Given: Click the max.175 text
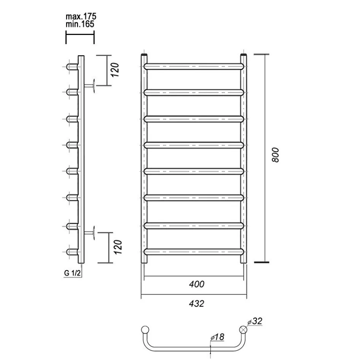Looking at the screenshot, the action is click(x=81, y=16).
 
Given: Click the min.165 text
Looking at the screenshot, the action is click(x=80, y=24).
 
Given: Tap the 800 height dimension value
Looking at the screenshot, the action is click(x=276, y=155).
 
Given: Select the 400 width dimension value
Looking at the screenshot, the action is click(x=197, y=284).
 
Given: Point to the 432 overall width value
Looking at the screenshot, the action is click(x=196, y=304).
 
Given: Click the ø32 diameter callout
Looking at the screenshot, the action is click(x=255, y=321).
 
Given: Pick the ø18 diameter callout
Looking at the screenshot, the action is click(x=217, y=337).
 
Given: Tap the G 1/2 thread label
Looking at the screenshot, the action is click(x=72, y=273).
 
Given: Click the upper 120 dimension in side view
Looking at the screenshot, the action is click(x=115, y=70).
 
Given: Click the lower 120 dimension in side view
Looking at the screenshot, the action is click(x=118, y=247).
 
